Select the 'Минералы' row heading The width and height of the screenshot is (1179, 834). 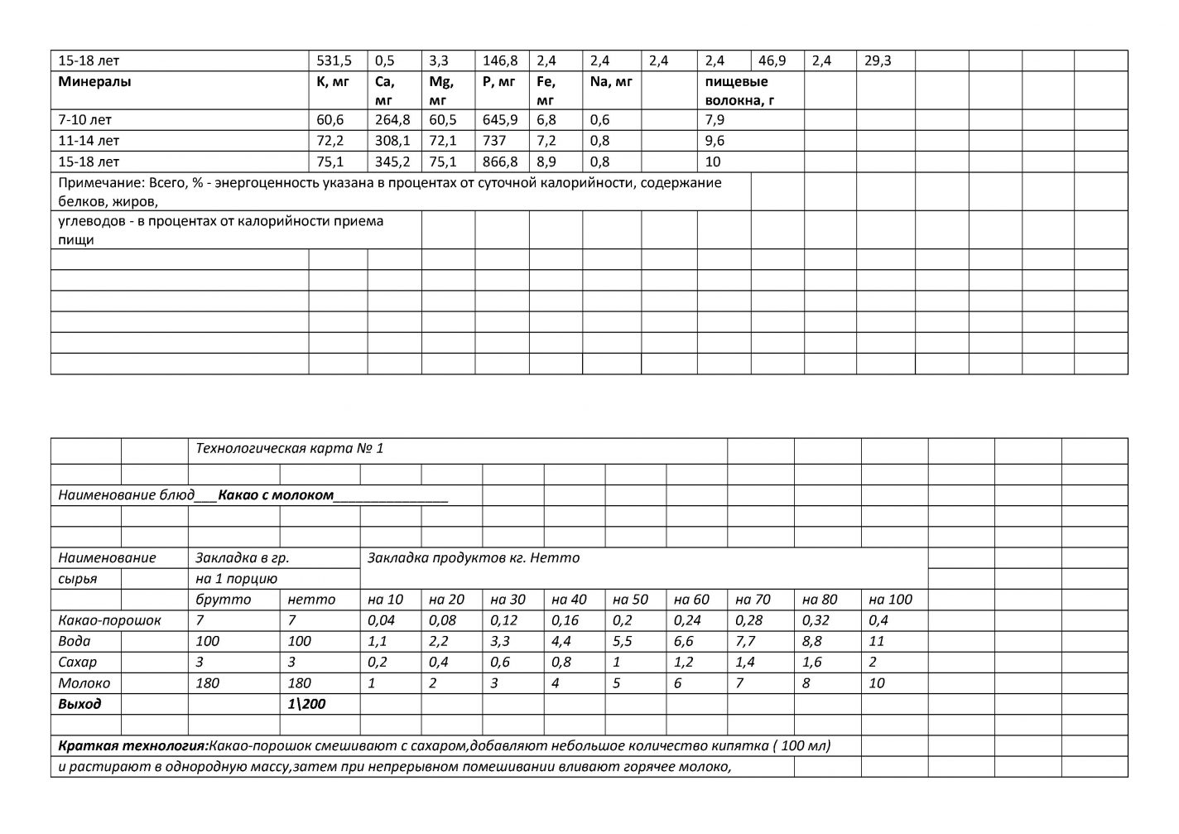pyautogui.click(x=94, y=82)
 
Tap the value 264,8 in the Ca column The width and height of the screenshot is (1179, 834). pyautogui.click(x=392, y=120)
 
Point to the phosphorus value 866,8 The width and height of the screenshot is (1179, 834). pyautogui.click(x=500, y=161)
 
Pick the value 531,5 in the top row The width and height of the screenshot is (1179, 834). pyautogui.click(x=334, y=60)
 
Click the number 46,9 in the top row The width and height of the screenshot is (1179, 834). pyautogui.click(x=772, y=60)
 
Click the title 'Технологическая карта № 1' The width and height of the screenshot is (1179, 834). pyautogui.click(x=289, y=449)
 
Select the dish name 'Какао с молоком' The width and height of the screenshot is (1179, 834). pyautogui.click(x=276, y=495)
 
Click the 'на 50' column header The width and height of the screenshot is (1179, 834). pyautogui.click(x=630, y=600)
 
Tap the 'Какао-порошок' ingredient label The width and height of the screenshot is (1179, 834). pyautogui.click(x=109, y=620)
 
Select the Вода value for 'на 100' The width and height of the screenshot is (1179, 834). pyautogui.click(x=877, y=641)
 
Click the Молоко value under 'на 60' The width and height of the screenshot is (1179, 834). pyautogui.click(x=678, y=683)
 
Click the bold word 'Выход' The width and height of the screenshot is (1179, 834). pyautogui.click(x=79, y=704)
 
